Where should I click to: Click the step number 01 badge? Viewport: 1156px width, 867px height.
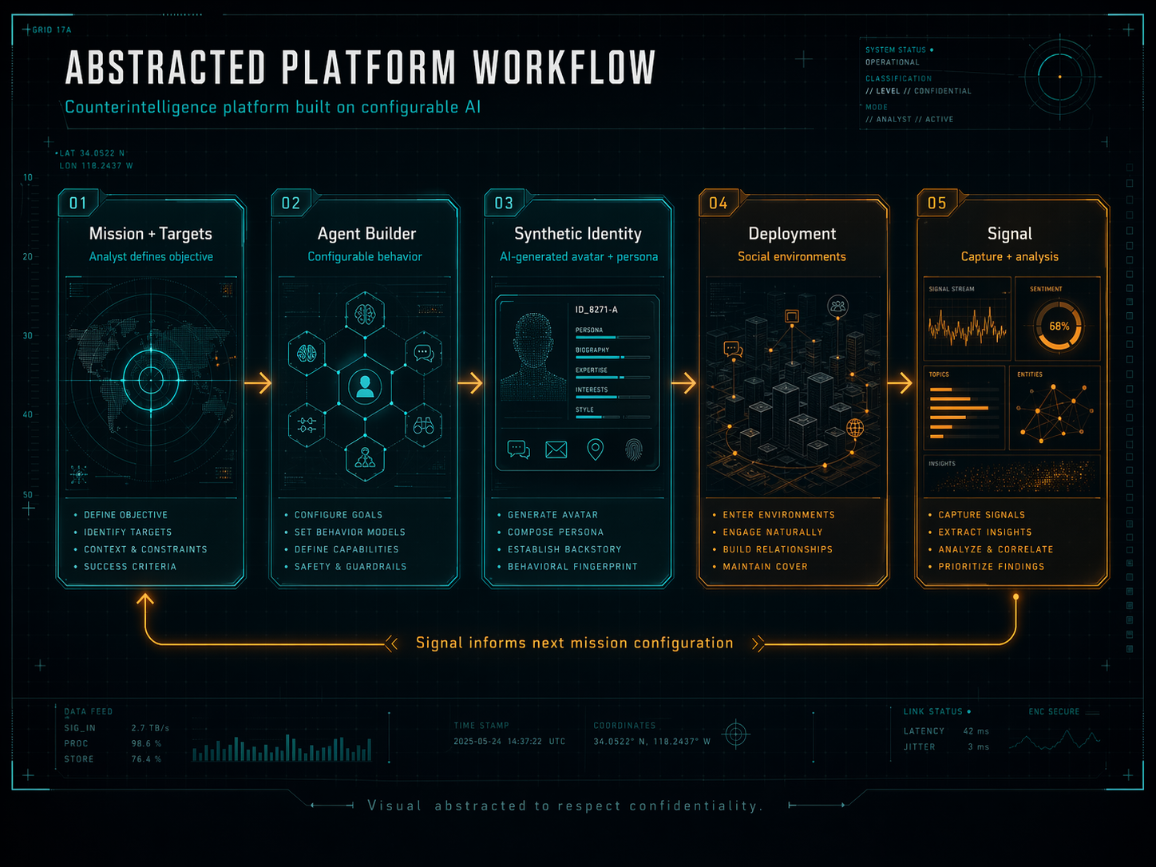(x=77, y=203)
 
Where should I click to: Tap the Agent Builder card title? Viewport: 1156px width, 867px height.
(x=366, y=234)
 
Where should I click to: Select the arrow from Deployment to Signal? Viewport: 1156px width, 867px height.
(x=900, y=383)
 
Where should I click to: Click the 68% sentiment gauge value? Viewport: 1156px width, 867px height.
(x=1059, y=327)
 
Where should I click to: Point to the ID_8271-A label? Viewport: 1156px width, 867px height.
(x=596, y=309)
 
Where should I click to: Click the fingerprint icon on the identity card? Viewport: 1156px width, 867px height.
(x=633, y=449)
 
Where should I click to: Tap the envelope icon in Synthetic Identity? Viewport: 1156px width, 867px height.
(x=556, y=450)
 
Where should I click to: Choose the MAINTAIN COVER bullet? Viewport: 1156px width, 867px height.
(x=765, y=567)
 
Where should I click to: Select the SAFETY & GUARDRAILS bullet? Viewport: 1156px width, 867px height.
(x=350, y=567)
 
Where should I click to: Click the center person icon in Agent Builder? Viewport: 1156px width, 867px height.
(x=365, y=386)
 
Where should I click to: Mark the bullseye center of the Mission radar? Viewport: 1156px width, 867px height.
(x=151, y=380)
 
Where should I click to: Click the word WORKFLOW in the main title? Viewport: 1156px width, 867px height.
(x=564, y=69)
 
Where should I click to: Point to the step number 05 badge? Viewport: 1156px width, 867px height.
(x=936, y=203)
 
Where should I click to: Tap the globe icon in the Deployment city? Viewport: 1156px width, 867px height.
(x=854, y=428)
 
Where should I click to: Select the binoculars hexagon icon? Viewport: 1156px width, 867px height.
(x=423, y=425)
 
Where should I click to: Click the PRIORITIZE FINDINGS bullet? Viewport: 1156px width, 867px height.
(x=991, y=567)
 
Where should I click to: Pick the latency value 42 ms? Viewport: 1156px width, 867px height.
(x=976, y=731)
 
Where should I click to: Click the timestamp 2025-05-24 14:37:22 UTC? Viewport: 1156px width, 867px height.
(x=509, y=742)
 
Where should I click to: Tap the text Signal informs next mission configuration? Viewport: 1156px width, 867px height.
(x=574, y=643)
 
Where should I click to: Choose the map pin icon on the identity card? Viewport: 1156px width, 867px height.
(x=595, y=449)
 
